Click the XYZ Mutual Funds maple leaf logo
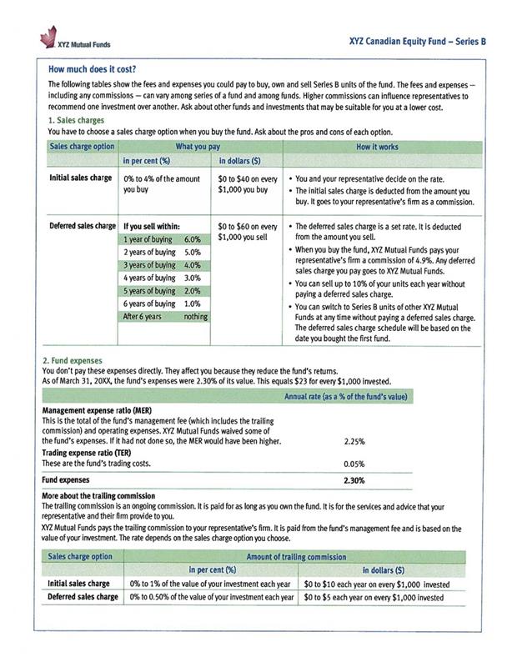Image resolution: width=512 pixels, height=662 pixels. [48, 37]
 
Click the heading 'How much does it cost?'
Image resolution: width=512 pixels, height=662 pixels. [93, 69]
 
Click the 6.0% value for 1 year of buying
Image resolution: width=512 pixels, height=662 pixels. [193, 239]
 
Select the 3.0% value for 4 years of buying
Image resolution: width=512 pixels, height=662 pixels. [193, 278]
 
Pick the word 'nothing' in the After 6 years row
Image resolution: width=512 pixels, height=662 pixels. [196, 317]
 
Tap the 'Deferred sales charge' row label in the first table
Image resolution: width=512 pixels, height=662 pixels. [82, 226]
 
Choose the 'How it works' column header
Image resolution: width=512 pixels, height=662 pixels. [379, 146]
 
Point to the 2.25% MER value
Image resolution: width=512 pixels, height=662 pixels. [354, 441]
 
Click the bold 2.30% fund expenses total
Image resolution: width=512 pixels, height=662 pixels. [354, 481]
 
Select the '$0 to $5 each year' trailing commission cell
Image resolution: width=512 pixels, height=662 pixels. [373, 598]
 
